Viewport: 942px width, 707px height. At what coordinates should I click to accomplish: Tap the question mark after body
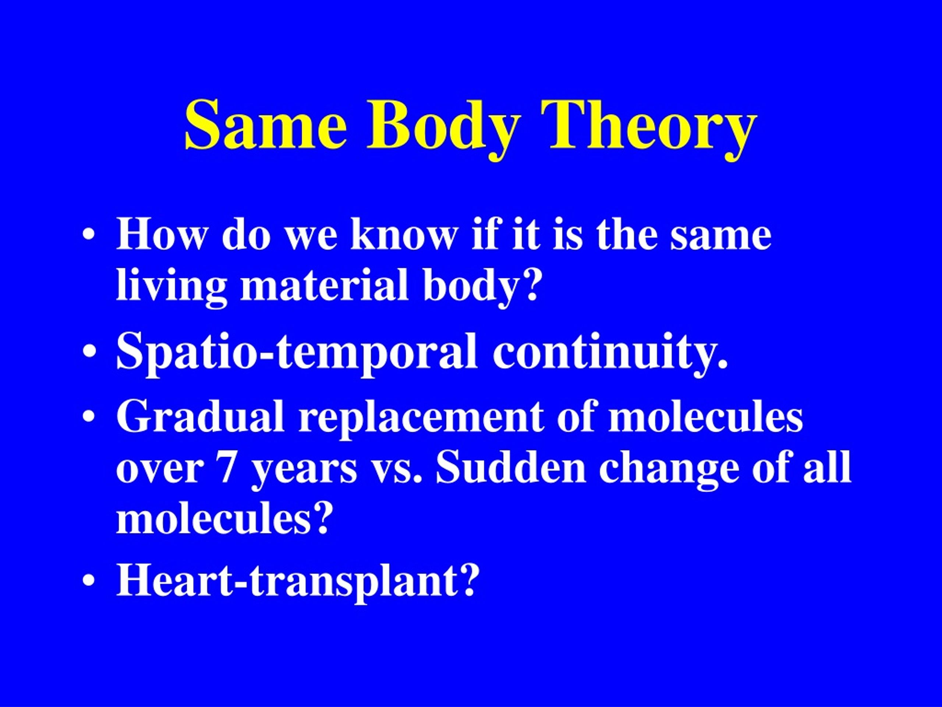tap(528, 285)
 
